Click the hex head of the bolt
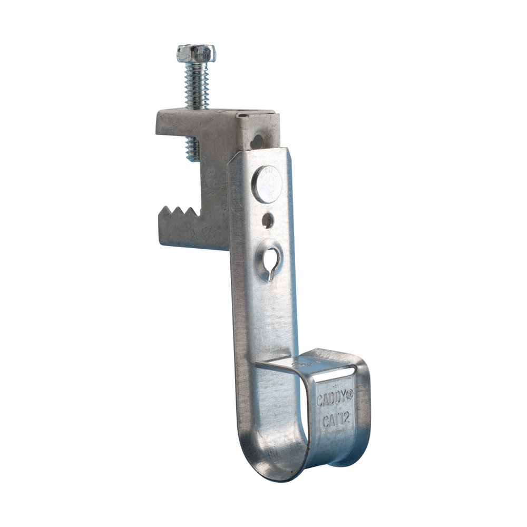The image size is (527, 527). click(x=196, y=53)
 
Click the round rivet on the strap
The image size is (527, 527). click(x=267, y=184)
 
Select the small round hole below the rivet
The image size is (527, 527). click(x=268, y=220)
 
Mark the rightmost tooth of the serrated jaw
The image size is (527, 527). click(x=196, y=213)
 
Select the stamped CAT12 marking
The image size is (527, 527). click(x=333, y=422)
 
